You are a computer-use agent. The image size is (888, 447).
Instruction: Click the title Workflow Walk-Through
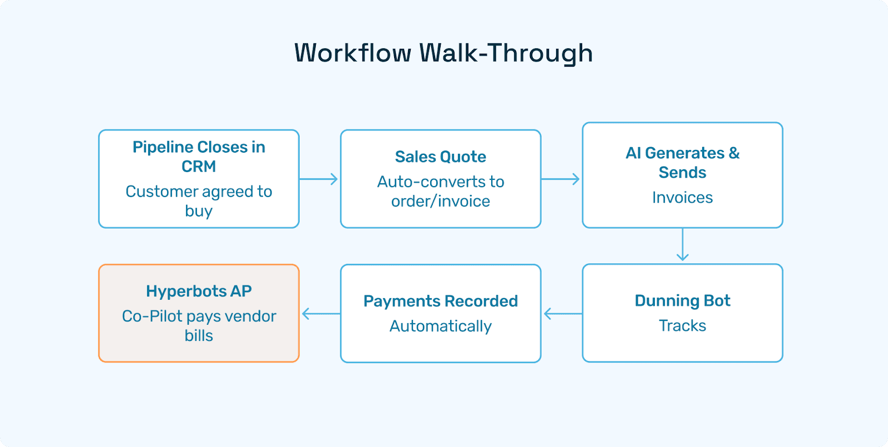443,53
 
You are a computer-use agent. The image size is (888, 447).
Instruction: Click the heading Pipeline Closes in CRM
199,156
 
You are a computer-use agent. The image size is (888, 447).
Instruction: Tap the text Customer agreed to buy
199,200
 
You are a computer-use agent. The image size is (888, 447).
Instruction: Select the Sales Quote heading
440,157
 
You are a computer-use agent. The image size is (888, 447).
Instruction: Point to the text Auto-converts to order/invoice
440,191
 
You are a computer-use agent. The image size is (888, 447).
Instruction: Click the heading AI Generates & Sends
682,162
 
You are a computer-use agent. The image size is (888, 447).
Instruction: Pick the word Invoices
682,198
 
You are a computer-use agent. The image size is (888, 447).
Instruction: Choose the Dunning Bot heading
682,300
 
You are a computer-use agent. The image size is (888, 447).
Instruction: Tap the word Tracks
682,325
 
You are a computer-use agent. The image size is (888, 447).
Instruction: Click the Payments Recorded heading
440,301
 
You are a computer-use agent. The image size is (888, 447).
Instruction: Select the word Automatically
440,326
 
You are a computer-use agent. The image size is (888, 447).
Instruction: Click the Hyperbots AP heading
199,291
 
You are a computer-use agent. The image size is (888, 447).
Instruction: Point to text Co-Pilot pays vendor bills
199,325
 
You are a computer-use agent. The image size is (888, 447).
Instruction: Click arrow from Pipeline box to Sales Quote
319,179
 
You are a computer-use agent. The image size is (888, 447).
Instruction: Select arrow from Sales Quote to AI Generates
561,179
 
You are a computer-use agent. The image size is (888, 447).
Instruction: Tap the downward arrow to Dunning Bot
682,245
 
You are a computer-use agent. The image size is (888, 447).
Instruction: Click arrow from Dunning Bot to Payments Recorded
562,314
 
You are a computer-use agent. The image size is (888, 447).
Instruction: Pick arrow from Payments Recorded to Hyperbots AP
320,314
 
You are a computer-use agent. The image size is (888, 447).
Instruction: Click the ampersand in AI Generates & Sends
734,153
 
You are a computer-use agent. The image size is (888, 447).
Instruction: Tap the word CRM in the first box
199,166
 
